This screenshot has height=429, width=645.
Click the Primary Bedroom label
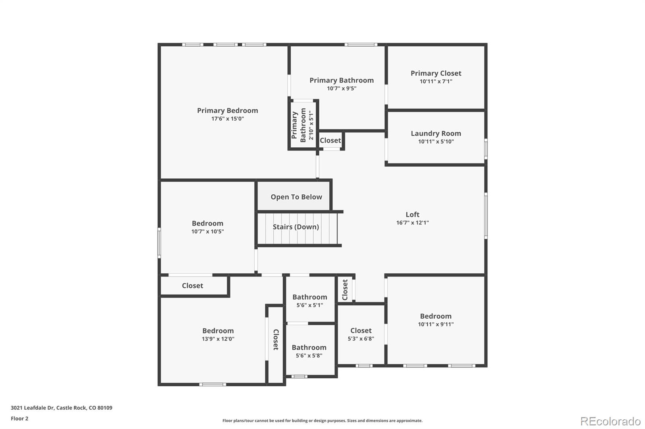(227, 111)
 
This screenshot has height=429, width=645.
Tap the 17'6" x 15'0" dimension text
(227, 119)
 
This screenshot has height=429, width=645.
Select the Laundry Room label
(436, 133)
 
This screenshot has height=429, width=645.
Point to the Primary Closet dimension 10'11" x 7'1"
(436, 81)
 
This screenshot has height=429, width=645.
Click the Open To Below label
(296, 197)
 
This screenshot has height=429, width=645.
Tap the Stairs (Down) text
(296, 227)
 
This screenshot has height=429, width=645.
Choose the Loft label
(412, 214)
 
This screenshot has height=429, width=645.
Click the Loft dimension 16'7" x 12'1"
(412, 223)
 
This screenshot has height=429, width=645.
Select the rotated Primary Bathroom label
(299, 125)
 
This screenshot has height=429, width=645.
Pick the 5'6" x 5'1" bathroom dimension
(310, 305)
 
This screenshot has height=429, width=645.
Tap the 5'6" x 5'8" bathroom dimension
(309, 356)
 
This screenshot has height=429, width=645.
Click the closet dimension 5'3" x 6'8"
(361, 339)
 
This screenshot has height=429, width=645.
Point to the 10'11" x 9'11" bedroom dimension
(436, 324)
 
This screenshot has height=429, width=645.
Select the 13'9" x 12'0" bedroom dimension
(218, 339)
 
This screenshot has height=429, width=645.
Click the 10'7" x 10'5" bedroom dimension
(208, 231)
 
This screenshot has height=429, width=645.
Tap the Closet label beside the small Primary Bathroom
(330, 140)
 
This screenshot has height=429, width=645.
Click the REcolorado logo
(610, 421)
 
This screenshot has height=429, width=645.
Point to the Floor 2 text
(20, 419)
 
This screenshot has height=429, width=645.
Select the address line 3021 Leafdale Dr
(62, 408)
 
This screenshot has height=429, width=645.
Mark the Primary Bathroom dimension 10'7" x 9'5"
(341, 89)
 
